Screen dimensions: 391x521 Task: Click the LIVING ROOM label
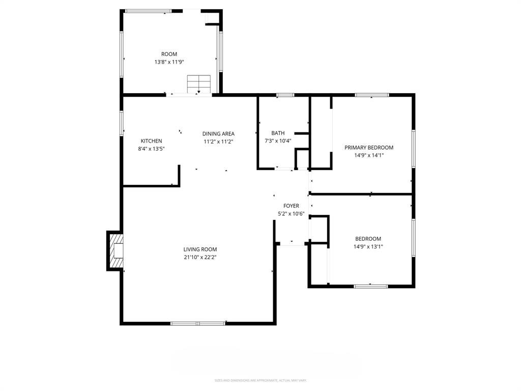coord(200,249)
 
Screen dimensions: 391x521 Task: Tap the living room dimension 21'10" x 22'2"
coord(200,257)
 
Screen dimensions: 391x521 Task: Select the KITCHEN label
coord(151,141)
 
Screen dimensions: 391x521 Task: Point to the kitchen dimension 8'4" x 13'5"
coord(151,149)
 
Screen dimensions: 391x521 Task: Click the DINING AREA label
coord(218,134)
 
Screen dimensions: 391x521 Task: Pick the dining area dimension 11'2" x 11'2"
coord(218,142)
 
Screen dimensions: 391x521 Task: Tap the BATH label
coord(278,133)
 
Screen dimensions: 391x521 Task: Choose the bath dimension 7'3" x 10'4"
coord(278,141)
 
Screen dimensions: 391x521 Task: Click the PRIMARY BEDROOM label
coord(369,148)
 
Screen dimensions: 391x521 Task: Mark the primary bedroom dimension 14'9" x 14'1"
coord(369,155)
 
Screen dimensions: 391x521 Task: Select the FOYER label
coord(291,206)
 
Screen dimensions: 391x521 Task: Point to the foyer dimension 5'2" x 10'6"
coord(291,214)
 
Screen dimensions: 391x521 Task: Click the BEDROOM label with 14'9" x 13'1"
coord(368,239)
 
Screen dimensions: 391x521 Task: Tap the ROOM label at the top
coord(169,54)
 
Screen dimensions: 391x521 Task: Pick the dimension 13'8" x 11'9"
coord(169,62)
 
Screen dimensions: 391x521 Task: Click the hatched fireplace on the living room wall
coord(117,250)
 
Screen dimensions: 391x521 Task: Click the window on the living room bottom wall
coord(198,323)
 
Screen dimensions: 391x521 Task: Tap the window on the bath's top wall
coord(285,95)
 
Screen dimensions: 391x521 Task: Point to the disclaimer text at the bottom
coord(260,380)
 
